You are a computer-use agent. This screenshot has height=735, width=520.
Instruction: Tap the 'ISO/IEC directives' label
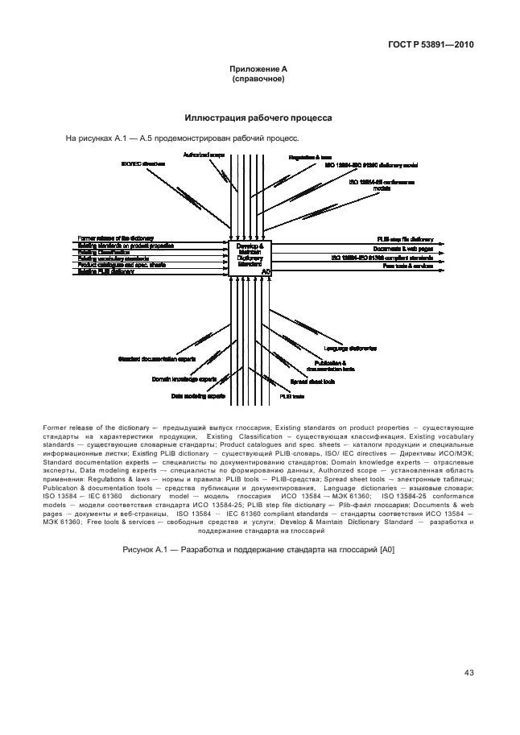click(x=142, y=163)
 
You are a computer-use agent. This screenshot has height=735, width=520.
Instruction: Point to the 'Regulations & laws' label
click(x=311, y=156)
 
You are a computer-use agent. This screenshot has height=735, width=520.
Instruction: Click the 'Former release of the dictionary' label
click(x=114, y=238)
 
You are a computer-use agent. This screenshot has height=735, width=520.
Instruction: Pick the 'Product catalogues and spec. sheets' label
click(x=122, y=264)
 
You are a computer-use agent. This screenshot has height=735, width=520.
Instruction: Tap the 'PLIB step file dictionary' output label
click(x=406, y=239)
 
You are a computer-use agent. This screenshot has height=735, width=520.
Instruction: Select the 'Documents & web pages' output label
click(x=407, y=249)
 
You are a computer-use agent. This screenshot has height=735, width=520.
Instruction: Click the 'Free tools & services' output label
click(x=408, y=265)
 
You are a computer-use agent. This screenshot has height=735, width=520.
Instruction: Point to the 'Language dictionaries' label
click(x=351, y=349)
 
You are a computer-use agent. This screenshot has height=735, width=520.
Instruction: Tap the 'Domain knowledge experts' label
click(x=184, y=378)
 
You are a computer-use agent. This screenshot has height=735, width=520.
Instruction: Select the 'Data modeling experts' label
click(x=197, y=396)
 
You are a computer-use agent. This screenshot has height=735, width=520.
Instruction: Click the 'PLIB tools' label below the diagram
click(x=291, y=397)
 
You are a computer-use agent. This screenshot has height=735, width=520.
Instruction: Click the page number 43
click(x=468, y=673)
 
